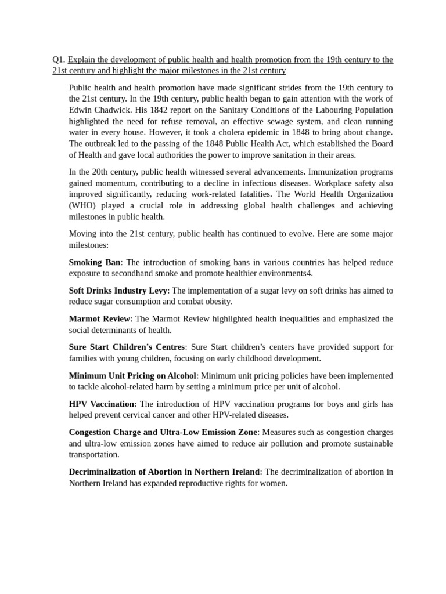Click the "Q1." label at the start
click(59, 59)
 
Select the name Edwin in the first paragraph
click(81, 110)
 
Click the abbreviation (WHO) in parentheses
click(85, 205)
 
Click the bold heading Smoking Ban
click(95, 262)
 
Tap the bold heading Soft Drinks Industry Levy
click(118, 290)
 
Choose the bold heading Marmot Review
click(99, 318)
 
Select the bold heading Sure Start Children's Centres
click(127, 347)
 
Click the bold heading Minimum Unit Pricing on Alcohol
click(132, 375)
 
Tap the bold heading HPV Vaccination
click(102, 404)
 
